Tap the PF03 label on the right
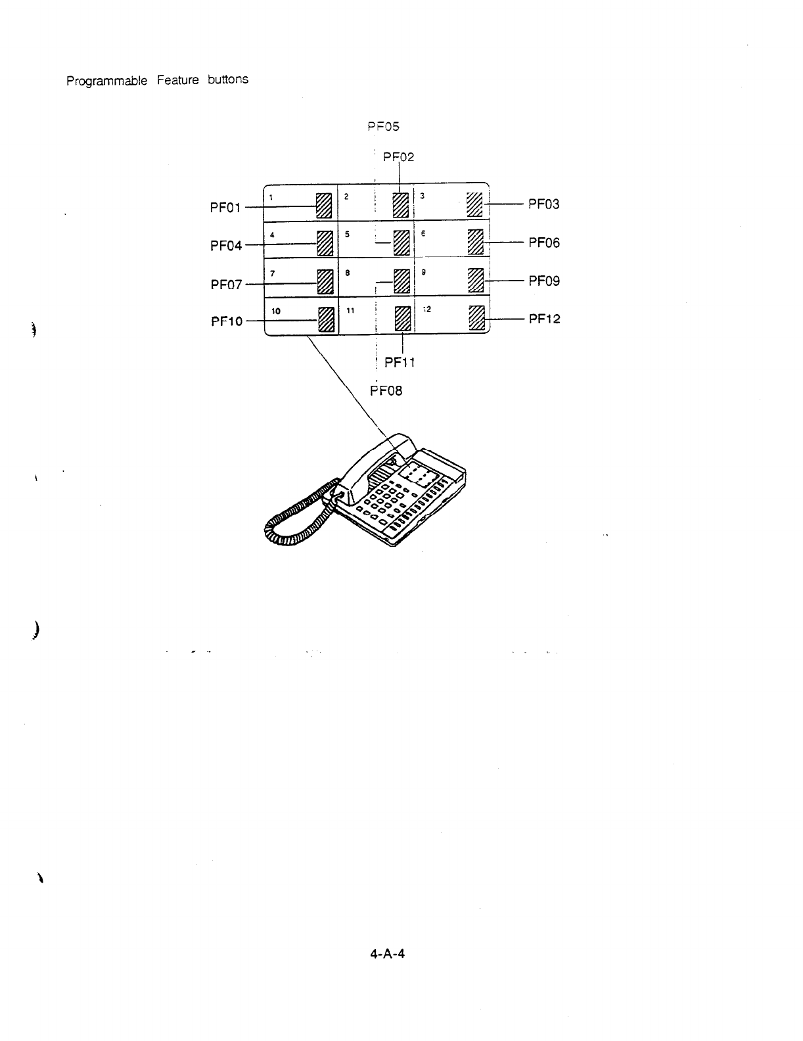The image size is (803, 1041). tap(544, 204)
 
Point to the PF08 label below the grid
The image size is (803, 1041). tap(386, 391)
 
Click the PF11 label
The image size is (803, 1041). tap(400, 362)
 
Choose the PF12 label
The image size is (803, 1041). tap(544, 319)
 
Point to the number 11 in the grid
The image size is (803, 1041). tap(350, 310)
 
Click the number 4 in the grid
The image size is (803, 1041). tap(271, 234)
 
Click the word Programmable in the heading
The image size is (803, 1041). tap(106, 81)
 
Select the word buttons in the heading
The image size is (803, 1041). tap(227, 80)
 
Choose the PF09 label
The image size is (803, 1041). tap(544, 281)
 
